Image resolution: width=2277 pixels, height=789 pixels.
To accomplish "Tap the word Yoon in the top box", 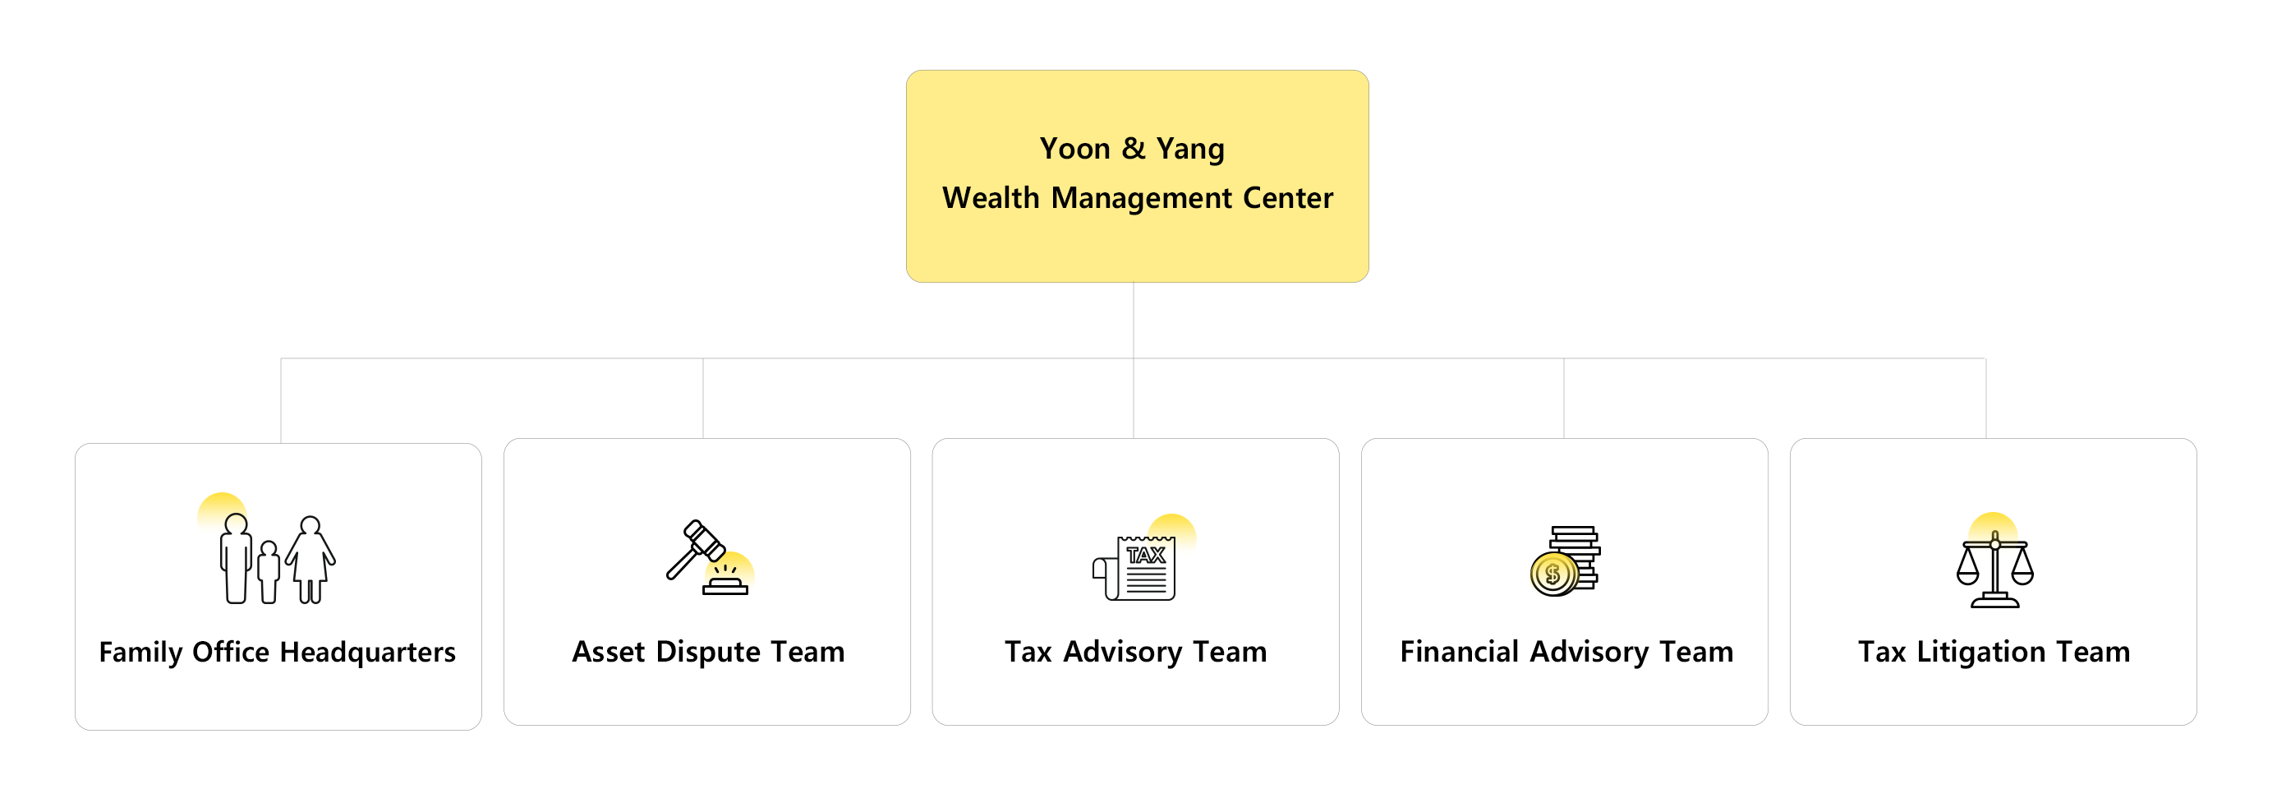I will point(1074,149).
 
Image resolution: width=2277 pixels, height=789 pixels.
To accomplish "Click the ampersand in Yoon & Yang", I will point(1134,149).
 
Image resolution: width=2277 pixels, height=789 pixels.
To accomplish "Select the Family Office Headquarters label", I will point(277,652).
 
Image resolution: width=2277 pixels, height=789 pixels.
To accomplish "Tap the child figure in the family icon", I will point(269,570).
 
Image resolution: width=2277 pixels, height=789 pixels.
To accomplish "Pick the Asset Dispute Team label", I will point(708,652).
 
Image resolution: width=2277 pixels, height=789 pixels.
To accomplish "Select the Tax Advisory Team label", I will point(1135,652).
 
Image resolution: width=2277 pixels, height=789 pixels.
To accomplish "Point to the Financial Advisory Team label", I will point(1566,652).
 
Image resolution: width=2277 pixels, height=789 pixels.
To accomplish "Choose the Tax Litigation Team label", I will point(1994,652).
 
